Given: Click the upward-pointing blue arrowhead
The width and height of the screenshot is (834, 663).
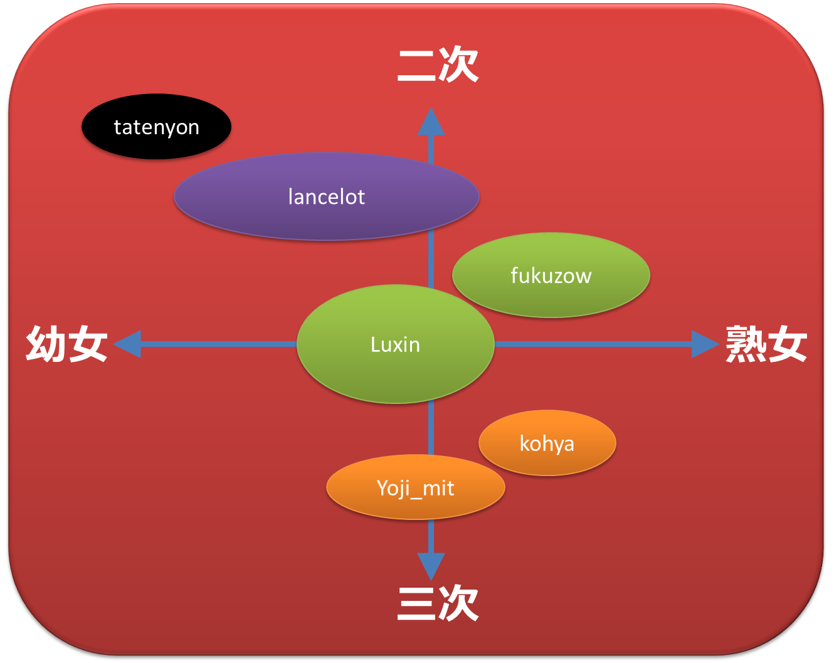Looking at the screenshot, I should coord(431,122).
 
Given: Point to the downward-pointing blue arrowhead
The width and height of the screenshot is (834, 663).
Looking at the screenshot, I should coord(431,565).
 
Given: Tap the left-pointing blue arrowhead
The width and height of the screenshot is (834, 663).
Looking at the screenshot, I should coord(128,344).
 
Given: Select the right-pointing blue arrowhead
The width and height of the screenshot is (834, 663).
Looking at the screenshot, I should coord(704,344).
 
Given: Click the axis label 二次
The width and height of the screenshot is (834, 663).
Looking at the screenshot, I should coord(438,64).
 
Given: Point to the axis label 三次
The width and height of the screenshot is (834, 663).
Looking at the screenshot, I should coord(438,603).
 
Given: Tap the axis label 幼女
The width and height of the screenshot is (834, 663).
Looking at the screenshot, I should coord(66,344).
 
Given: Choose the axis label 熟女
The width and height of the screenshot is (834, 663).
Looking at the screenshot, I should coord(766,344).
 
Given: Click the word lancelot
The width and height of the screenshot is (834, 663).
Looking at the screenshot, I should coord(326,197).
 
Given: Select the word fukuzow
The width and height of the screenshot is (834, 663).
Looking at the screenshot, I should coord(551,275).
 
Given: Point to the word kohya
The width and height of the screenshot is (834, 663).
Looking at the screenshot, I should coord(547,443).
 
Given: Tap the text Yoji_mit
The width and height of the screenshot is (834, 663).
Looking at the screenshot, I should coord(415,487).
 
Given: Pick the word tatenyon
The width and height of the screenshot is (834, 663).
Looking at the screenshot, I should coord(156,127).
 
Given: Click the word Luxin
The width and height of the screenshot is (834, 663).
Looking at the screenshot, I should coord(395,344).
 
